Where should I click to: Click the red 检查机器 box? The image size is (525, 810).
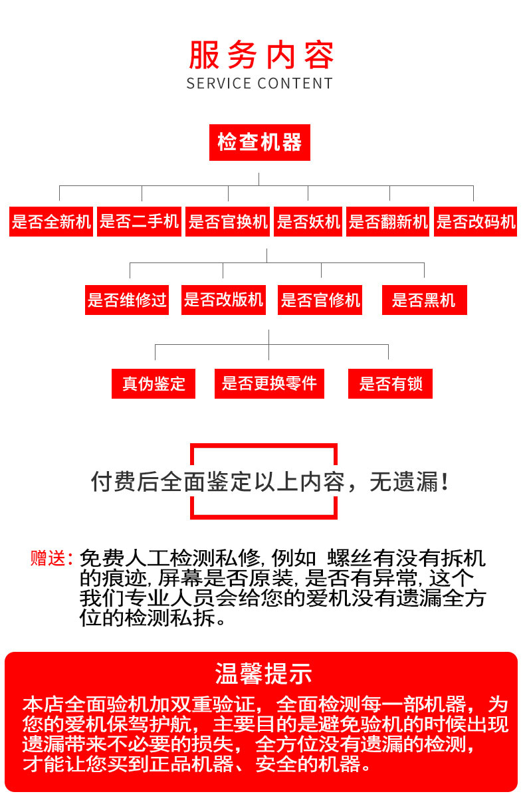point(259,142)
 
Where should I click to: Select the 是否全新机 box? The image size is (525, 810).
point(51,222)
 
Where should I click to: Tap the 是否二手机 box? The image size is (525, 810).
point(140,222)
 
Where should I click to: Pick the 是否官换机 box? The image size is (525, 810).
point(228,222)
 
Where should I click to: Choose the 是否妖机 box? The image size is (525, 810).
point(308,222)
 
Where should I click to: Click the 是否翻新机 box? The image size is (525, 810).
point(389,222)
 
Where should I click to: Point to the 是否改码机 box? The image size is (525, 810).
point(476,222)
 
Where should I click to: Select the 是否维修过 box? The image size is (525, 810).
point(126,300)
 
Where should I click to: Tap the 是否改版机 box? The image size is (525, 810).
point(223,300)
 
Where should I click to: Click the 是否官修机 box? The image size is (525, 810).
point(320,300)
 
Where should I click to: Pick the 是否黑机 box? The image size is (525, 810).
point(424,300)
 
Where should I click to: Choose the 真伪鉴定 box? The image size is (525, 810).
point(154,383)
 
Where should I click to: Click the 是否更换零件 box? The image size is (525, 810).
point(269,383)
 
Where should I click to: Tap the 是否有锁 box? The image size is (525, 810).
point(390,383)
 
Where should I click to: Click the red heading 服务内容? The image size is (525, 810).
point(261,56)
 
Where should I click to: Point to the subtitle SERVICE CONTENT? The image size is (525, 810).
point(260,84)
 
